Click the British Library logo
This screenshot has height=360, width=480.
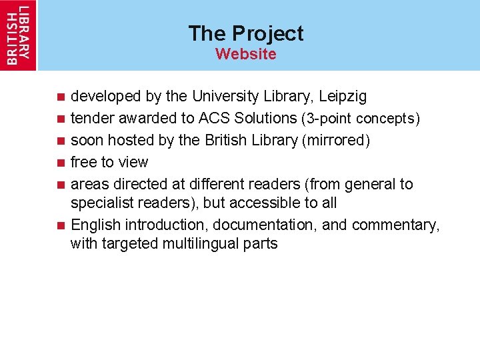click(x=19, y=35)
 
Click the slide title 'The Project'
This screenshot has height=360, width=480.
click(x=245, y=33)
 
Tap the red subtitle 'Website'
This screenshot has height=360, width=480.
click(x=245, y=54)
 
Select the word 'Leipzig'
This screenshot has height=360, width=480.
click(x=343, y=97)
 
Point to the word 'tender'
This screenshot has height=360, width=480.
click(x=91, y=119)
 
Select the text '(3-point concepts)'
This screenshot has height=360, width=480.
click(x=361, y=119)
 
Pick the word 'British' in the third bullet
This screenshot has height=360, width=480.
click(x=227, y=141)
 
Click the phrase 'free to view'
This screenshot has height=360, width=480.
click(x=109, y=162)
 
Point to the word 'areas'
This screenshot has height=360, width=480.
click(x=90, y=184)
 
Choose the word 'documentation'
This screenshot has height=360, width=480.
click(x=262, y=225)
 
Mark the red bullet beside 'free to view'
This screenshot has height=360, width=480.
click(x=60, y=163)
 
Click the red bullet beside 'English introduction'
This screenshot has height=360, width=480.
click(x=60, y=225)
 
